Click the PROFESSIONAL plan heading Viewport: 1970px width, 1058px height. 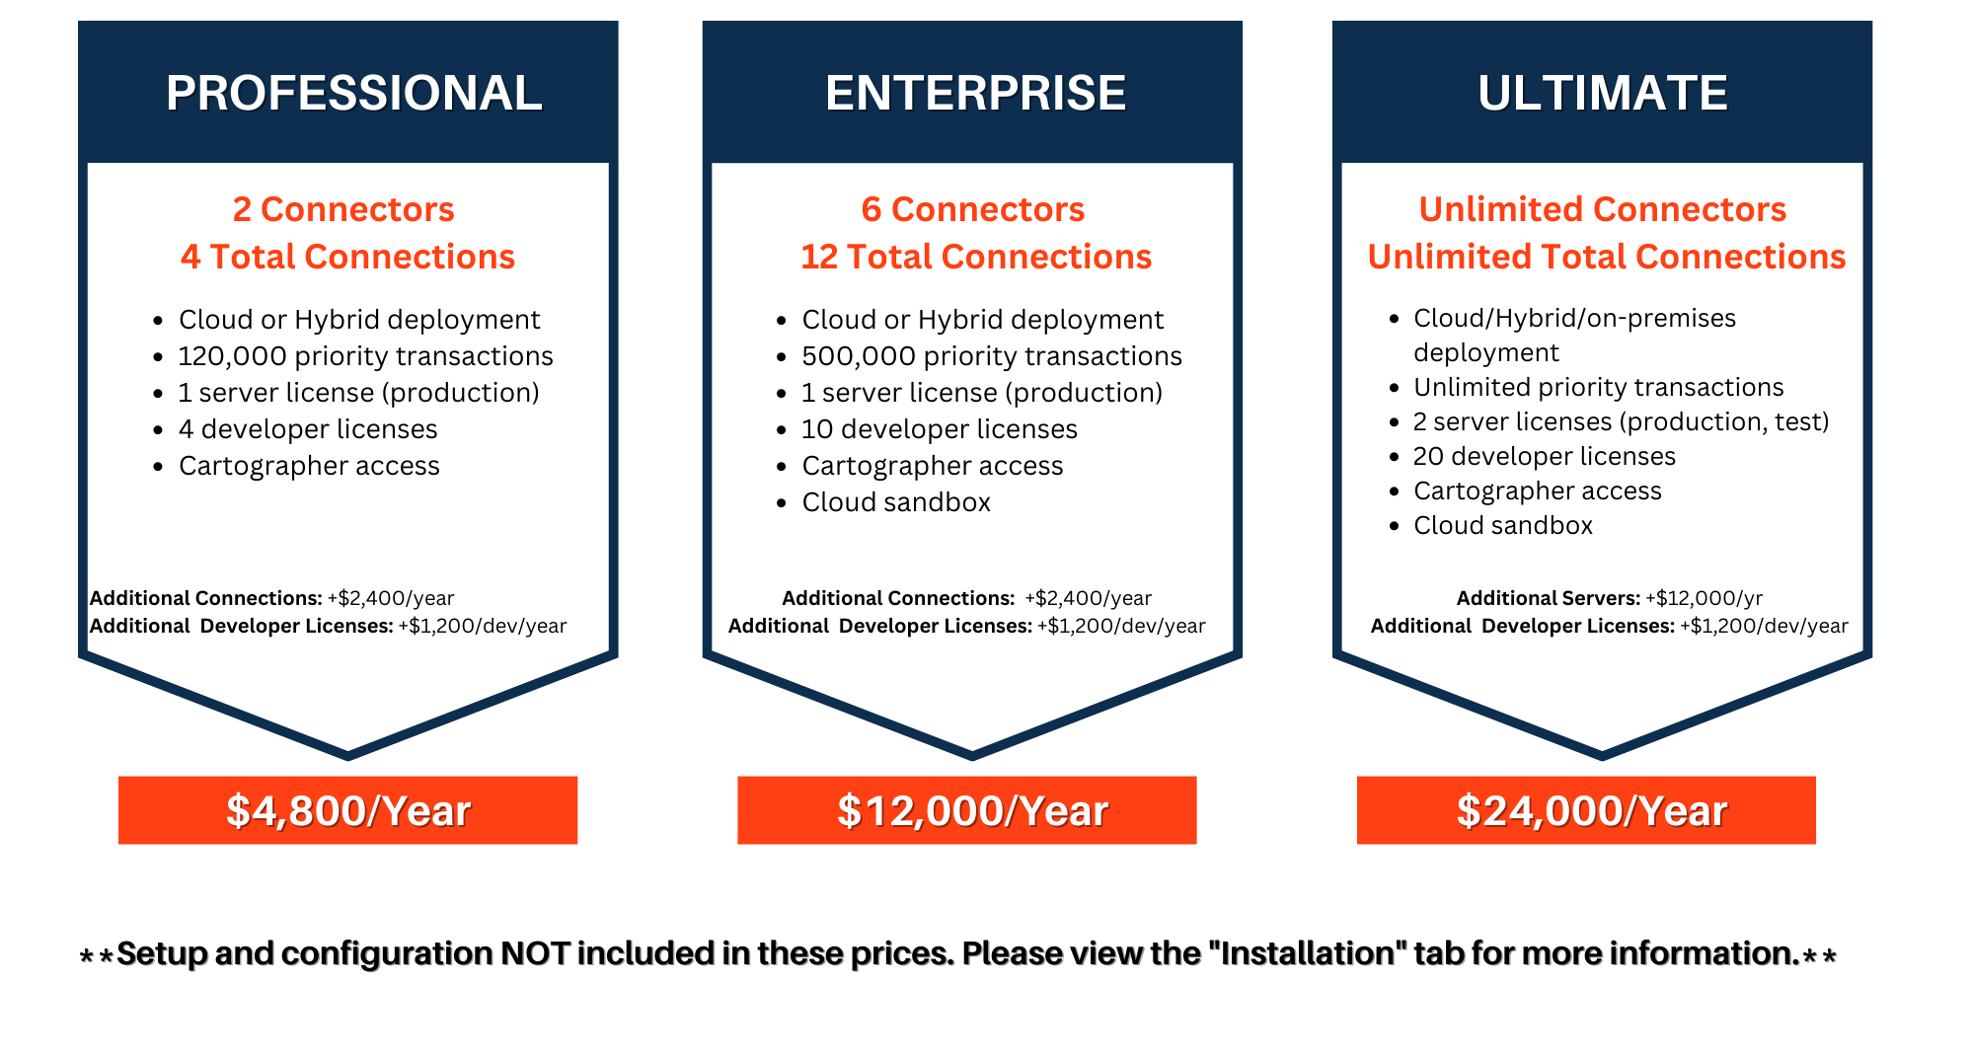pyautogui.click(x=354, y=93)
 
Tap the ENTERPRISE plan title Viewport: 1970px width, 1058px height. pyautogui.click(x=975, y=93)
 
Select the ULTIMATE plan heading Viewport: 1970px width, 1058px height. pyautogui.click(x=1603, y=93)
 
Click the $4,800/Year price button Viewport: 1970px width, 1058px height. pyautogui.click(x=347, y=810)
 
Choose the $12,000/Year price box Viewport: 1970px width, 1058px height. pyautogui.click(x=967, y=810)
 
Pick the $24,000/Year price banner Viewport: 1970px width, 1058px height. pyautogui.click(x=1586, y=810)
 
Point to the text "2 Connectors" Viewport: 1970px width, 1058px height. pyautogui.click(x=343, y=209)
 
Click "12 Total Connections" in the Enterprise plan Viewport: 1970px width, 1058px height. pyautogui.click(x=976, y=257)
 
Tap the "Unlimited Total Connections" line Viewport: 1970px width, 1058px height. pyautogui.click(x=1607, y=257)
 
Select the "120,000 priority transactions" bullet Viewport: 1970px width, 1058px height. pyautogui.click(x=366, y=356)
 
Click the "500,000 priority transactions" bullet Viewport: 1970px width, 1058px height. pyautogui.click(x=992, y=356)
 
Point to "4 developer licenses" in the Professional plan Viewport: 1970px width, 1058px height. pyautogui.click(x=308, y=429)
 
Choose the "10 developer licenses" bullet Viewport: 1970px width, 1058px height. pyautogui.click(x=940, y=429)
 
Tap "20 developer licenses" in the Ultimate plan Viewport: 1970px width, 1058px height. pyautogui.click(x=1545, y=456)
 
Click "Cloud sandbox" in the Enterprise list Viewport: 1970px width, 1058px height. pyautogui.click(x=896, y=502)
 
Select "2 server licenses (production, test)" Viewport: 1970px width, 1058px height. pyautogui.click(x=1621, y=421)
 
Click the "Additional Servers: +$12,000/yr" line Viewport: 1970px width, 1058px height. pyautogui.click(x=1610, y=598)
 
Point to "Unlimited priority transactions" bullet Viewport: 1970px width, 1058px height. pyautogui.click(x=1599, y=387)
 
